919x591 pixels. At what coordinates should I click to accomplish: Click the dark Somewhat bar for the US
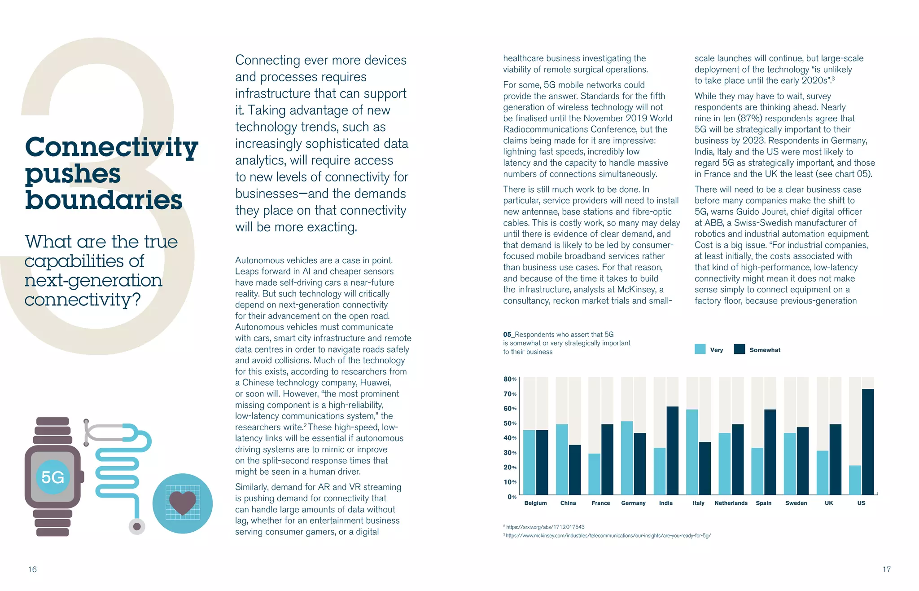coord(868,442)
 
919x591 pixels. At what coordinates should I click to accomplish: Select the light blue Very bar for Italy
coord(692,452)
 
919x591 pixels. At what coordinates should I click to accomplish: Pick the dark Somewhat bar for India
coord(672,450)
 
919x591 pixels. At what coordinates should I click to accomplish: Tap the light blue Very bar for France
coord(594,474)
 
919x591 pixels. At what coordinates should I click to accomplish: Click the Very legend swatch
coord(700,349)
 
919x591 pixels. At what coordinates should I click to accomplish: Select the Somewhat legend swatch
coord(739,349)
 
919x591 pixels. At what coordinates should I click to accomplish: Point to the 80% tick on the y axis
coord(510,379)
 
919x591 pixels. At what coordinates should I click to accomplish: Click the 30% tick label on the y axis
coord(510,453)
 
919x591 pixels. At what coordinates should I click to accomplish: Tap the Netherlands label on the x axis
coord(731,503)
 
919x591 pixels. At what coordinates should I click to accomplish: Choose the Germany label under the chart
coord(633,503)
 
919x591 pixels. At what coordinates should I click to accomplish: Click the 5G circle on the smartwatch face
coord(53,477)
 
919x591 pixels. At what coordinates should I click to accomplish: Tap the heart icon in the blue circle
coord(183,502)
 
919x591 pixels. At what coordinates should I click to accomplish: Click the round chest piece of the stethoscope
coord(137,526)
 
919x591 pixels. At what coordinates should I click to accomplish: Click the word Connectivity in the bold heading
coord(111,147)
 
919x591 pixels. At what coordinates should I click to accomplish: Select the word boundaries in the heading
coord(104,200)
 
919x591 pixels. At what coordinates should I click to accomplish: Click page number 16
coord(32,569)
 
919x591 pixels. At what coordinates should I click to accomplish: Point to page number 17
coord(887,569)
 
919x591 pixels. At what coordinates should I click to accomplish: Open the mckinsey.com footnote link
coord(608,535)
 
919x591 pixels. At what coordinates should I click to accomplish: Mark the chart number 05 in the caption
coord(507,335)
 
